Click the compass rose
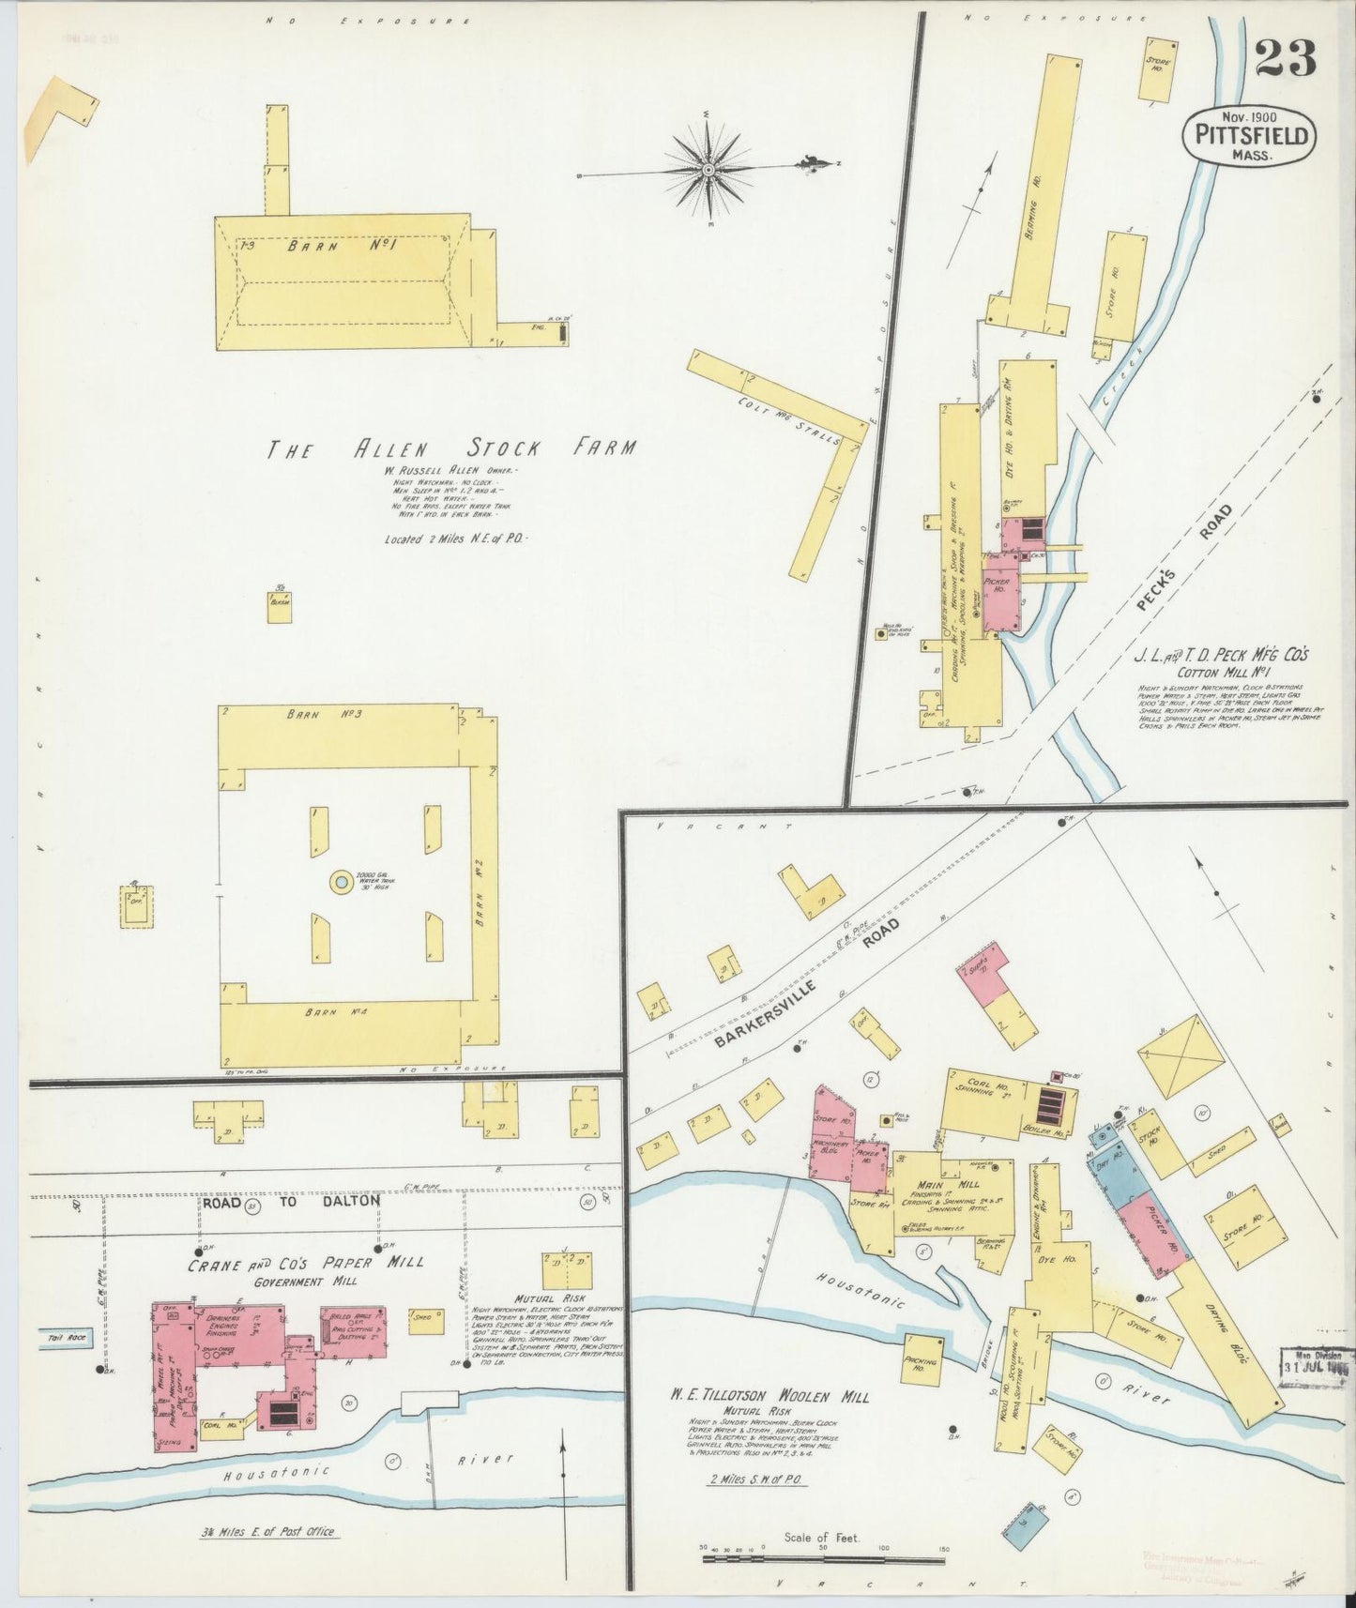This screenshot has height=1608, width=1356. click(709, 169)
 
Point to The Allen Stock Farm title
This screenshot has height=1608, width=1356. click(451, 448)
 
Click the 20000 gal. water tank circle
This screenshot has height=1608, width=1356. click(342, 882)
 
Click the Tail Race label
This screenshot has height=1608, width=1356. click(65, 1338)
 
